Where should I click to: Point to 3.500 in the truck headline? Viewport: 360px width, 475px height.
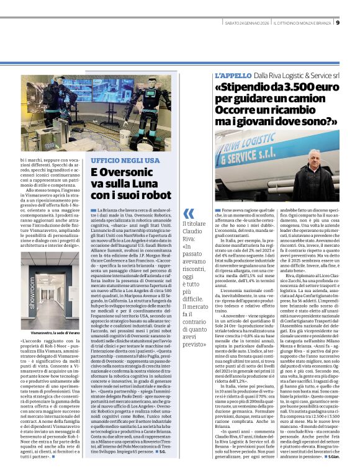(x=291, y=87)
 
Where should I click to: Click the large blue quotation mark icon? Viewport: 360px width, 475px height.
(x=187, y=213)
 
